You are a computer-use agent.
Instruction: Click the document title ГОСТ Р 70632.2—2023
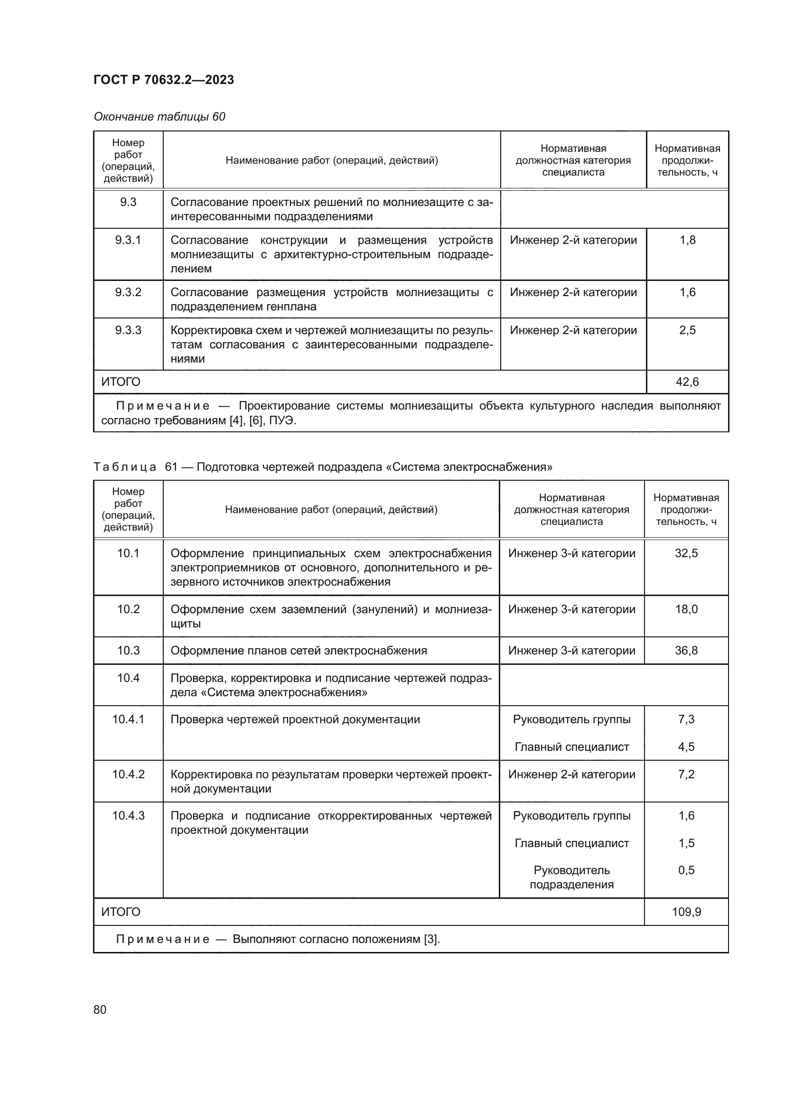163,80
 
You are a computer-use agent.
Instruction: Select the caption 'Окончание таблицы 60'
159,117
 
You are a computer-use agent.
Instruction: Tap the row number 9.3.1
128,240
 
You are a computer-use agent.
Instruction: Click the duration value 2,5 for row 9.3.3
687,330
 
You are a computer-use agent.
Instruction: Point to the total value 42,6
687,382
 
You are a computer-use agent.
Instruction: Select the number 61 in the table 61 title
171,466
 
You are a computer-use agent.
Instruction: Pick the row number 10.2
128,609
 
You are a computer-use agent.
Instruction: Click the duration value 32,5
686,553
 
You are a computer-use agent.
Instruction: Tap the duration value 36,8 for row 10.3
686,650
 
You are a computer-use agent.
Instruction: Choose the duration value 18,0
686,609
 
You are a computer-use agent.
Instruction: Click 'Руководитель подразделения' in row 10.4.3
571,877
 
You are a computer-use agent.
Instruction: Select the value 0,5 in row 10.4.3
686,870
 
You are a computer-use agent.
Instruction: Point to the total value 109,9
686,912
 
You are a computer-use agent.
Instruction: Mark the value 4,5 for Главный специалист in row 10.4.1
686,746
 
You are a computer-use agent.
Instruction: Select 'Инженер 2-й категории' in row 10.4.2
571,774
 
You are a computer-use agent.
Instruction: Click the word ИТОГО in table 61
121,912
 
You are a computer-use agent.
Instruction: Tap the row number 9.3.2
128,292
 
